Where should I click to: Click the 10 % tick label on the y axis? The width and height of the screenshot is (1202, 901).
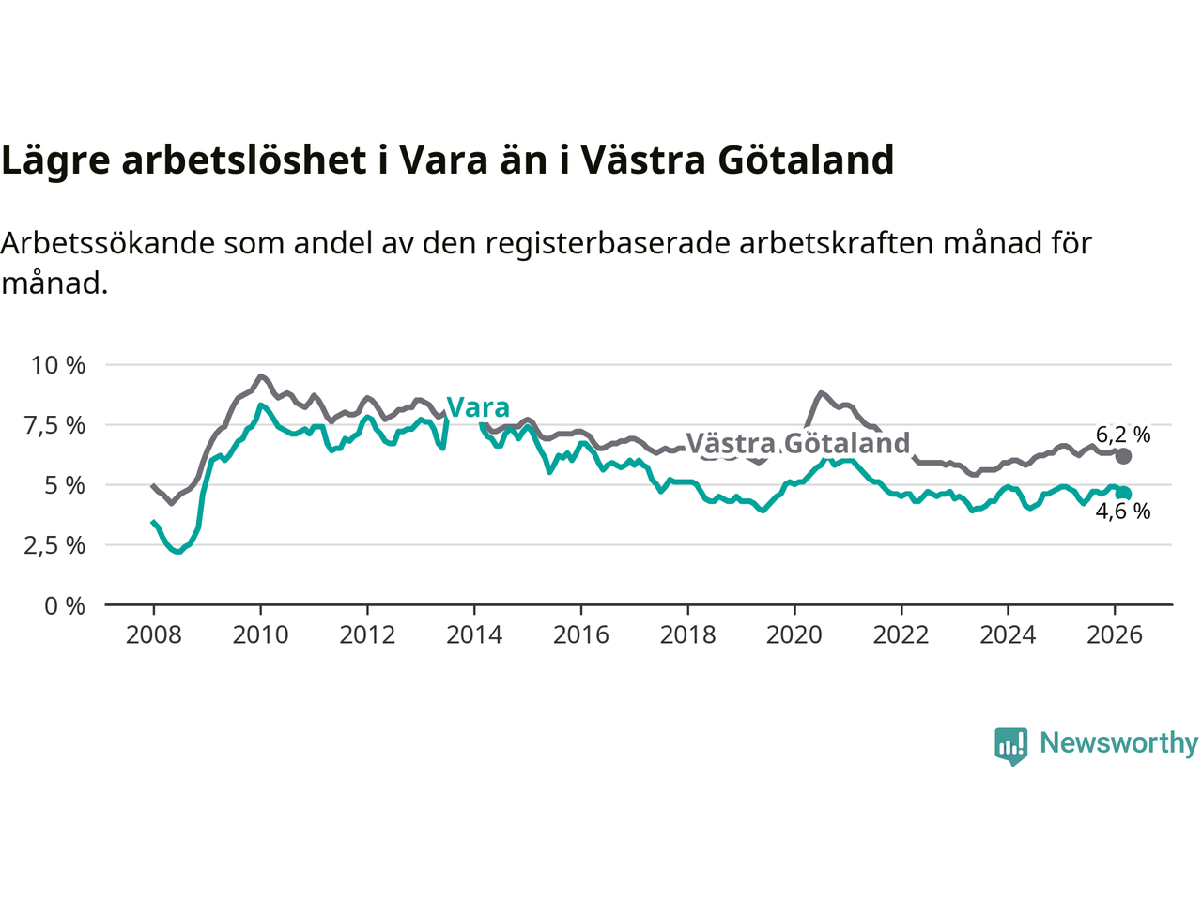(58, 365)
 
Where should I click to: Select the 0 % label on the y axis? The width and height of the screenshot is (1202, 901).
(65, 606)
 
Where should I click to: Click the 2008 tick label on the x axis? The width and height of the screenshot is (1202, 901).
(154, 635)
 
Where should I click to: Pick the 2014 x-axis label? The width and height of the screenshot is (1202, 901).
(474, 635)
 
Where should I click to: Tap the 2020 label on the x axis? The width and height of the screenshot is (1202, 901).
(794, 635)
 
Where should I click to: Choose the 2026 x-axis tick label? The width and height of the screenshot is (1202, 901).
(1115, 635)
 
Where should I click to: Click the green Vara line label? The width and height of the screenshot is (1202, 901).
(478, 407)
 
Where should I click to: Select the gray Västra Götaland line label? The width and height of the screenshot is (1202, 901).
(798, 443)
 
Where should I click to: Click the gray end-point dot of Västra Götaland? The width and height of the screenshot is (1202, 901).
(1123, 456)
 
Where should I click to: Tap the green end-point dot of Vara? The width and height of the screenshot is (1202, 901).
(1123, 494)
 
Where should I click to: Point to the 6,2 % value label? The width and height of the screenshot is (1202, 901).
(1123, 435)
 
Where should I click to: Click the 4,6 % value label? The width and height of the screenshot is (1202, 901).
(1123, 512)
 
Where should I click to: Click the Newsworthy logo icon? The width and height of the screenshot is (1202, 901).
(1011, 746)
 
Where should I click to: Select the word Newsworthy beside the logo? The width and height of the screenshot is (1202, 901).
(1118, 743)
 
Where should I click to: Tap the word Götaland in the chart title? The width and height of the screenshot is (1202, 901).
(806, 160)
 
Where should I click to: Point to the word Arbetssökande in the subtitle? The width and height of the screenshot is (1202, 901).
(109, 243)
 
